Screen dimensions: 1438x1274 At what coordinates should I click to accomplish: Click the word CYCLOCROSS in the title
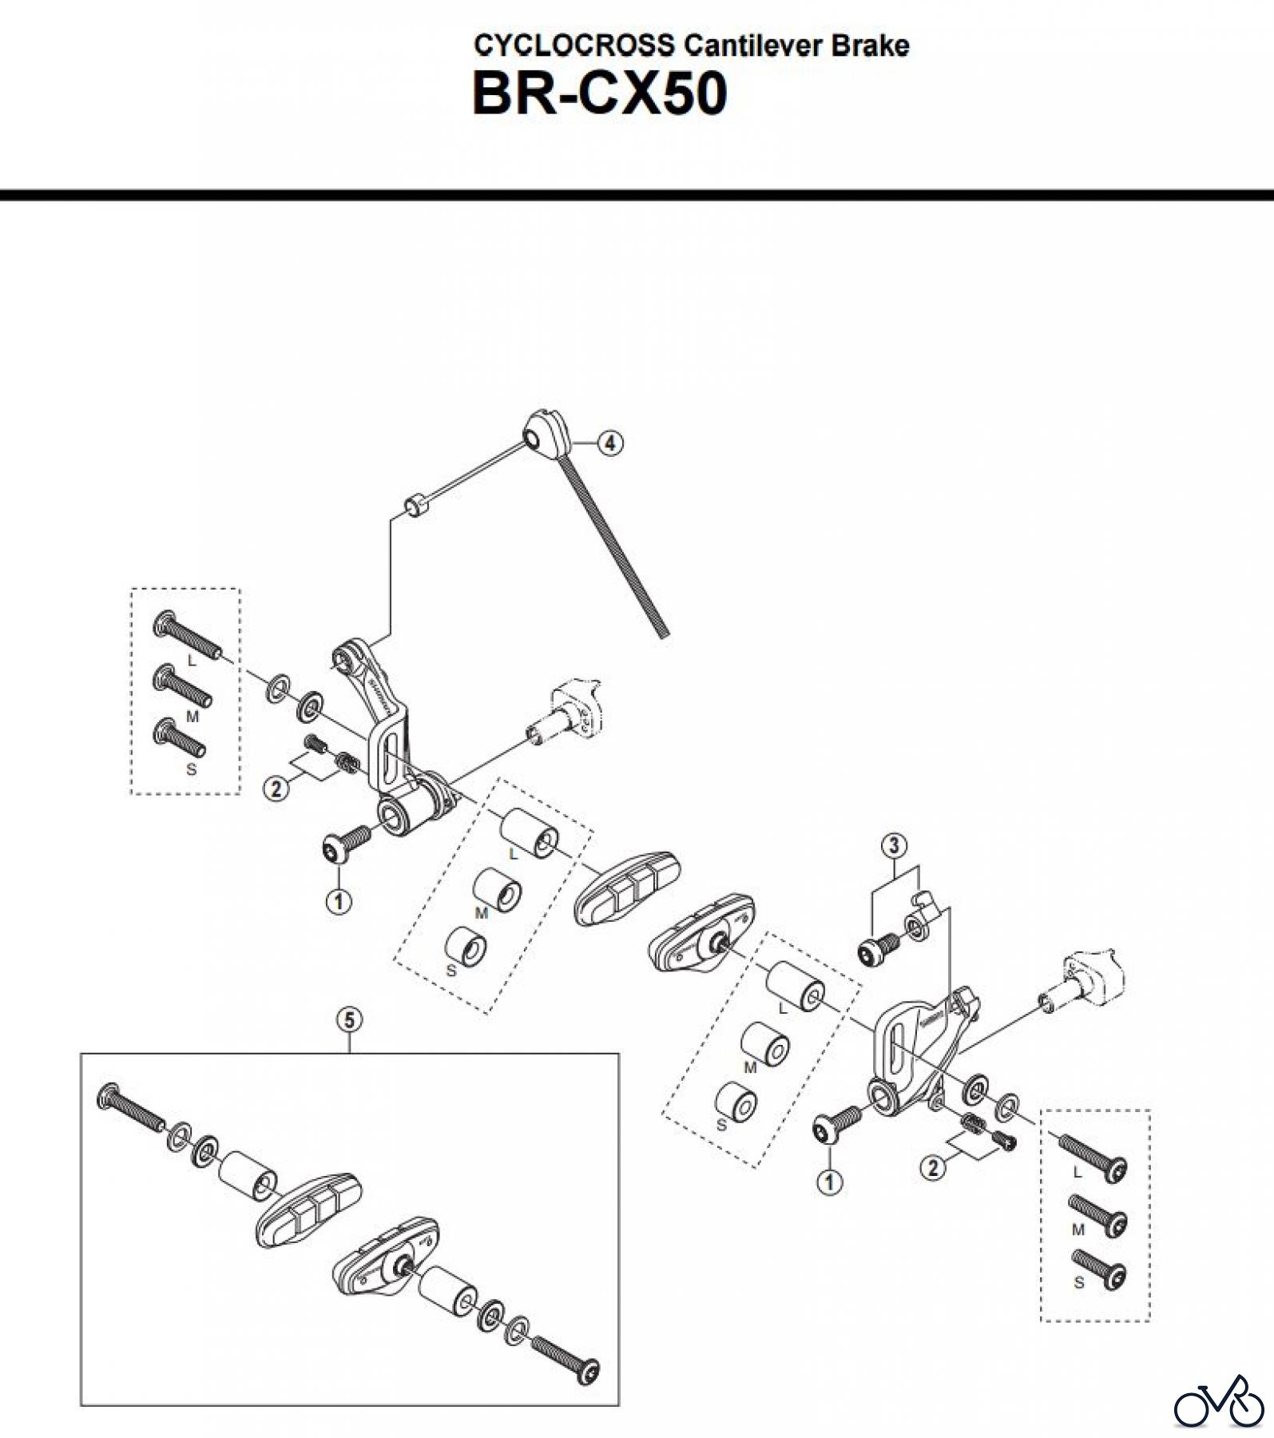coord(573,46)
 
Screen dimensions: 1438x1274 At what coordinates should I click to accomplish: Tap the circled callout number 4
coord(610,443)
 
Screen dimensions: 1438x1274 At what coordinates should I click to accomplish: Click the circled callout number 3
coord(893,844)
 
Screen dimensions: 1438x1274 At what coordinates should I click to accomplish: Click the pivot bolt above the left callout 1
coord(345,844)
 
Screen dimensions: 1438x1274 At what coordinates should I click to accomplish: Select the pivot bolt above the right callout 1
coord(835,1122)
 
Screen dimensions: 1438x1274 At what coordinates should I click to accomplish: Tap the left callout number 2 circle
coord(276,789)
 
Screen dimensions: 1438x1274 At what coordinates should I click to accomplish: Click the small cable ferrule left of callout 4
coord(415,506)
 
